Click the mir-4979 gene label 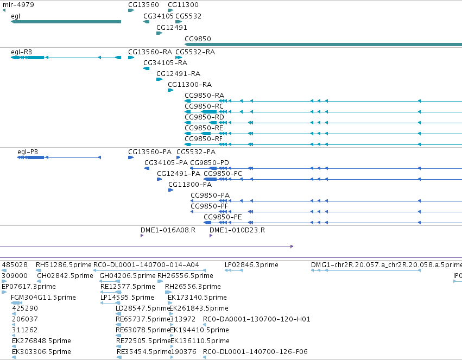click(18, 5)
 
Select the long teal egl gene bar click(66, 22)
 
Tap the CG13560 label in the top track click(143, 5)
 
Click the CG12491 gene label click(172, 28)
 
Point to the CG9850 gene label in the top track click(198, 39)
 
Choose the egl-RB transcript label click(22, 52)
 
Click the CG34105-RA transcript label click(165, 63)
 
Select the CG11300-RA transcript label click(190, 85)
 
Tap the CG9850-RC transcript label click(204, 106)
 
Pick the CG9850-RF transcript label click(204, 139)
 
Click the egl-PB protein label click(28, 152)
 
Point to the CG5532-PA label click(196, 152)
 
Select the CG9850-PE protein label click(223, 217)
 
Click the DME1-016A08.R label click(168, 230)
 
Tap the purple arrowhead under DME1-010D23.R click(211, 236)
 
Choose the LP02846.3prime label click(251, 265)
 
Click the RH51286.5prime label click(64, 265)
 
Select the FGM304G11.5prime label click(43, 298)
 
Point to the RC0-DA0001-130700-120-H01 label click(257, 319)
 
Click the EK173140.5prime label click(198, 298)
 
